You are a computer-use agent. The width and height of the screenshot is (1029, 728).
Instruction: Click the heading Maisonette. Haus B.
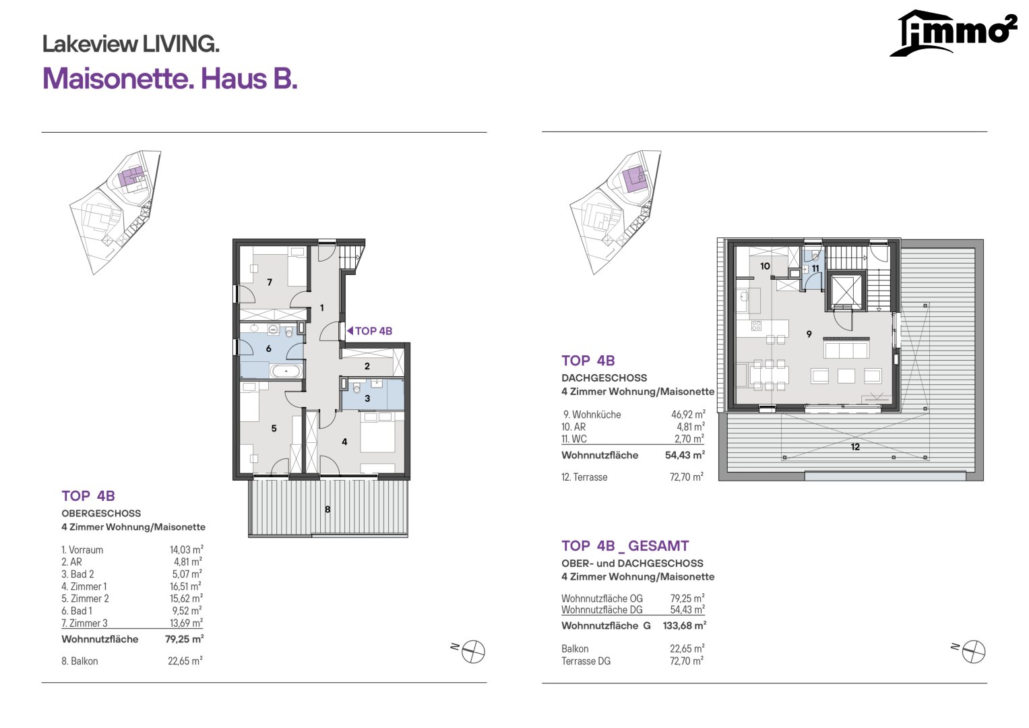[x=170, y=79]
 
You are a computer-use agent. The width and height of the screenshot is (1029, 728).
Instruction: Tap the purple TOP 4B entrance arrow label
[x=370, y=331]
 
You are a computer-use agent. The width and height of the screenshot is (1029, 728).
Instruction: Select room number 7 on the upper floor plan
[x=270, y=282]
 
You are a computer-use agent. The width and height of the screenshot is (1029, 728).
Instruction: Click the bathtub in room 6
[x=286, y=371]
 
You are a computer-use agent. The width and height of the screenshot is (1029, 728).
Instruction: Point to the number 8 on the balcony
[x=328, y=509]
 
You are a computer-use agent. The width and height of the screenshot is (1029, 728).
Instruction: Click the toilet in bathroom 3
[x=357, y=390]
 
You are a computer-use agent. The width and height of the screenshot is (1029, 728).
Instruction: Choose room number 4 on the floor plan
[x=344, y=442]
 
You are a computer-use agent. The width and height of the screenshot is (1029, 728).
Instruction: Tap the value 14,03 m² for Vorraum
[x=187, y=549]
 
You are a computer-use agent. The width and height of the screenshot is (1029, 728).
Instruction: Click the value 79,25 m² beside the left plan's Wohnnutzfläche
[x=184, y=639]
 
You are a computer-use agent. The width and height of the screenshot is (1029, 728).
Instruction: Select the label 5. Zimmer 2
[x=85, y=599]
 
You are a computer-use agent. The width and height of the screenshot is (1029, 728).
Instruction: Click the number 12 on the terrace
[x=855, y=447]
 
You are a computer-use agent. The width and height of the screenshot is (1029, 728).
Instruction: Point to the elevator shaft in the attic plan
[x=845, y=292]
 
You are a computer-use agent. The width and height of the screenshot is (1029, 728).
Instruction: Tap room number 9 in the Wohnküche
[x=809, y=334]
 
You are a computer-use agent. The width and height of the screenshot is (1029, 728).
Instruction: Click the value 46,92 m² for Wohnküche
[x=688, y=414]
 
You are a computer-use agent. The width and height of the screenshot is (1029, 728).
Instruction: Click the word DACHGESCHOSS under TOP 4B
[x=604, y=377]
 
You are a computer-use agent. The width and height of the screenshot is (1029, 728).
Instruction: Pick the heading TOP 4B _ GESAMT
[x=625, y=546]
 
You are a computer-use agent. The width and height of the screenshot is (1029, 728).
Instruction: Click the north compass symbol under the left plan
[x=472, y=652]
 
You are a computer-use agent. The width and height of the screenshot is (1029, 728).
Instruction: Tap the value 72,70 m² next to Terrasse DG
[x=687, y=661]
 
